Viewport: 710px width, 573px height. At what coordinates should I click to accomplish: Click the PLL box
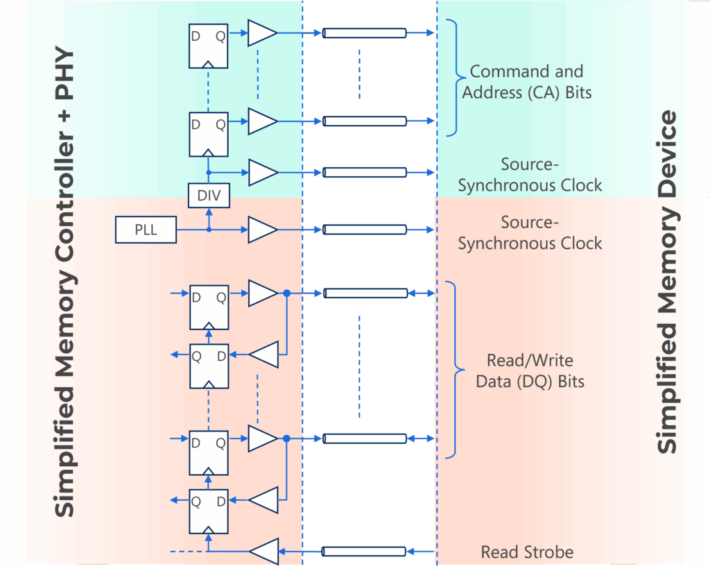[146, 230]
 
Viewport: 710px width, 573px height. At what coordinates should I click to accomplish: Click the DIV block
[209, 196]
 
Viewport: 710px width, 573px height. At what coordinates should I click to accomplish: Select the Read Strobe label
[527, 552]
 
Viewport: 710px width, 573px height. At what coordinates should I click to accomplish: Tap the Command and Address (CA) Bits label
[527, 81]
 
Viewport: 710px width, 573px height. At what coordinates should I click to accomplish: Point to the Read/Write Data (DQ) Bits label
[530, 370]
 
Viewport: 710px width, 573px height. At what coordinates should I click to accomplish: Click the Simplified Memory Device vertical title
[667, 281]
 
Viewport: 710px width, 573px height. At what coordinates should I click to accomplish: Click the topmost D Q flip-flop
[208, 46]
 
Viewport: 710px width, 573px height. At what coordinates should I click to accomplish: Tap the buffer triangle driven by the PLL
[261, 230]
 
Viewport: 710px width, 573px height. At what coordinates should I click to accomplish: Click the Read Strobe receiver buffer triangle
[263, 551]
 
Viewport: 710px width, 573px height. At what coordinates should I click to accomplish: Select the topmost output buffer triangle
[261, 33]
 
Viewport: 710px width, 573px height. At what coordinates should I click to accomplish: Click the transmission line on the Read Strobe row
[363, 551]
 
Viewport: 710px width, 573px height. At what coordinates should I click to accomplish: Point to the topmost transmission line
[364, 33]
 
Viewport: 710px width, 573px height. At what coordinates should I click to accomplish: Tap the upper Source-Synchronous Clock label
[530, 175]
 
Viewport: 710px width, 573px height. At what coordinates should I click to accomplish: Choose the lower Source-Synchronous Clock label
[530, 233]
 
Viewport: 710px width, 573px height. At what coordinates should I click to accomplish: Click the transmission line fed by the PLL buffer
[364, 230]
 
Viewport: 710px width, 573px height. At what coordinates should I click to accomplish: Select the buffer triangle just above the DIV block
[261, 172]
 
